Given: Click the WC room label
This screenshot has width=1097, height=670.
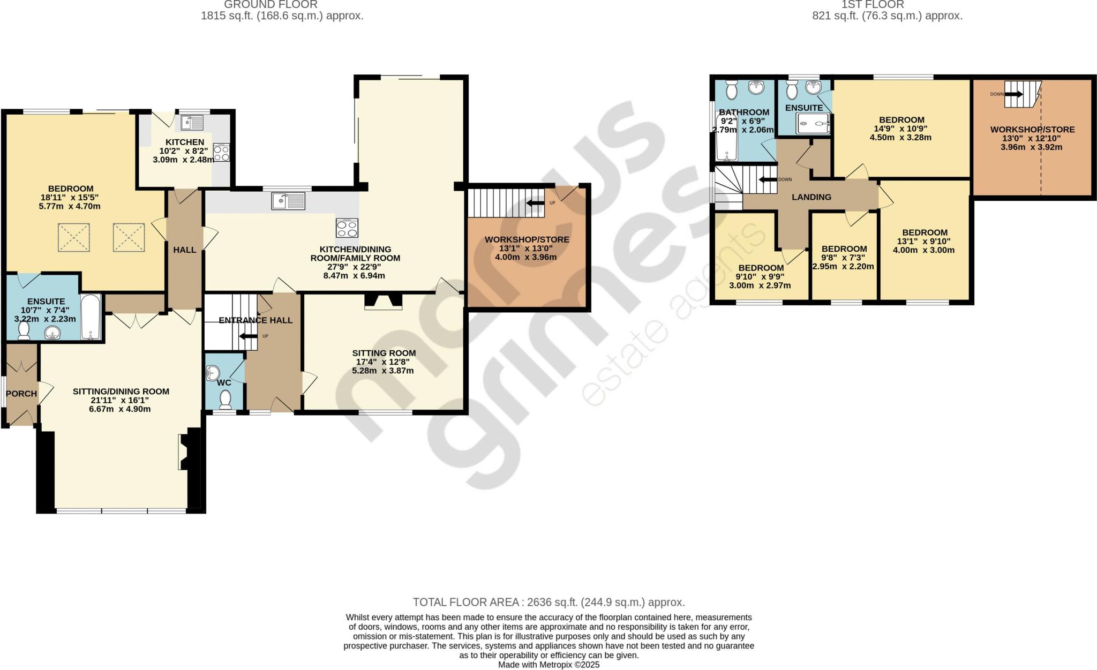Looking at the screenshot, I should coord(224,382).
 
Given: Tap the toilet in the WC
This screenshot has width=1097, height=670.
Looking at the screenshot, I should coord(226,400).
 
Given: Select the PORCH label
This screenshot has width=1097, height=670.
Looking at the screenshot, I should coord(21,394).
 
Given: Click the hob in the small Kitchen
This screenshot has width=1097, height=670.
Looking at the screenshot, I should coord(221,153).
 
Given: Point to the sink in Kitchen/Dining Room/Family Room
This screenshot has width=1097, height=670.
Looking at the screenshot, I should coord(288,201).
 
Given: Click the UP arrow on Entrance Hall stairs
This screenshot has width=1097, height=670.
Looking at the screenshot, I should coord(247,336).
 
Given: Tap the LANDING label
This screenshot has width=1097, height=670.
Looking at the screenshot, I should coord(812,197).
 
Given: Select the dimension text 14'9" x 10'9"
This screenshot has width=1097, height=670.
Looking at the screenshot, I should coord(901,129).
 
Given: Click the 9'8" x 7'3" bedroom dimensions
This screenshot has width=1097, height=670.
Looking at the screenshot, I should coord(844,258).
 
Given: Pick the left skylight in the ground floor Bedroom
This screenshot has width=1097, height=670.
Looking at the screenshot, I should coord(74,238).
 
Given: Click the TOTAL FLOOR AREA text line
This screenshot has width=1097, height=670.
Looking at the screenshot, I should coord(548,602).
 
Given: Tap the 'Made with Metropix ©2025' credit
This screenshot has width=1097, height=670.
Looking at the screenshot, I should coord(548,665).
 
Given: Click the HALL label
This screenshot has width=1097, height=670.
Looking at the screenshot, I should coord(184,250).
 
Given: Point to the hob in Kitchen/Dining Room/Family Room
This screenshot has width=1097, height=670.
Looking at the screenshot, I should coord(347,228).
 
